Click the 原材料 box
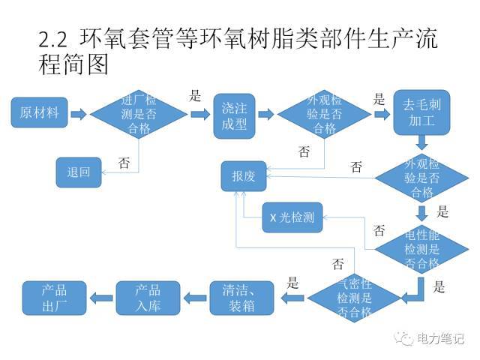(39, 114)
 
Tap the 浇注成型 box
(233, 115)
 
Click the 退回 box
(79, 172)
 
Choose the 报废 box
(244, 176)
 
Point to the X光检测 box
(292, 218)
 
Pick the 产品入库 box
(148, 298)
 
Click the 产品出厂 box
(54, 298)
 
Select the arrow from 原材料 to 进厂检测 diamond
(79, 114)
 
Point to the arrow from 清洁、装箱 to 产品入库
(195, 298)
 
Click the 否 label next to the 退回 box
(124, 160)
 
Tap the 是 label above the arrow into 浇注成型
(196, 95)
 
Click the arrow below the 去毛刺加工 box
(422, 142)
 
